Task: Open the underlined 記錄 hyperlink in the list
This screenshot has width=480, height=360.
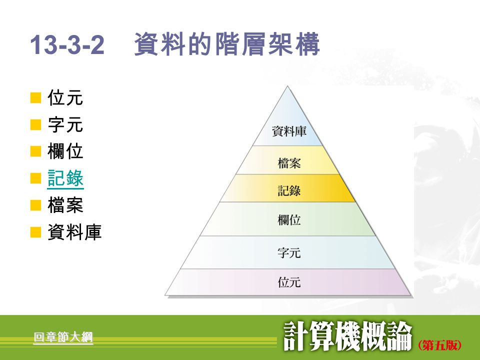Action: click(x=65, y=178)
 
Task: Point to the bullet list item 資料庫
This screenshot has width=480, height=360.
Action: click(x=74, y=232)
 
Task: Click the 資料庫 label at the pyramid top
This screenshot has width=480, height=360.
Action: click(x=289, y=131)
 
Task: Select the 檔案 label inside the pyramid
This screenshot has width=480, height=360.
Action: click(x=289, y=162)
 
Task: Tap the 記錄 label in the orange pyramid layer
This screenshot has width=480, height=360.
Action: click(x=289, y=190)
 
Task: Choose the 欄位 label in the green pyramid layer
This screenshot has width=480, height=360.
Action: click(x=289, y=219)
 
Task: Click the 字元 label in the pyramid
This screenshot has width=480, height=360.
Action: click(x=289, y=252)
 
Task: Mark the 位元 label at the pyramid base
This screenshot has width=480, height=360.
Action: click(x=289, y=282)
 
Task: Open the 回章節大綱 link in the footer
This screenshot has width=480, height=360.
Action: click(x=63, y=337)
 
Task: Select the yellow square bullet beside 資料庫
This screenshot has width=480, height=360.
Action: click(x=35, y=232)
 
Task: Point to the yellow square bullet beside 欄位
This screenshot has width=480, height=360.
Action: click(x=35, y=151)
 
